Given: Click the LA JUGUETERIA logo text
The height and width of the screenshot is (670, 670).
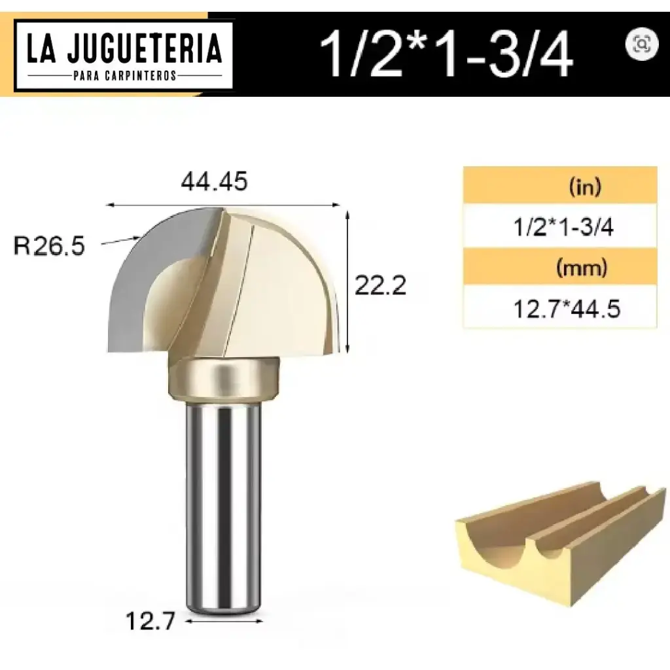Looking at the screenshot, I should [124, 48].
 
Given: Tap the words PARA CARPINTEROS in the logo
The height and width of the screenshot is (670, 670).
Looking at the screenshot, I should [124, 76].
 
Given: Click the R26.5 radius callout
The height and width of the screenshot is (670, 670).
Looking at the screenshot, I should [49, 247].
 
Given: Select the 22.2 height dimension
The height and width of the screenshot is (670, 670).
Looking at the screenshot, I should [380, 285].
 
